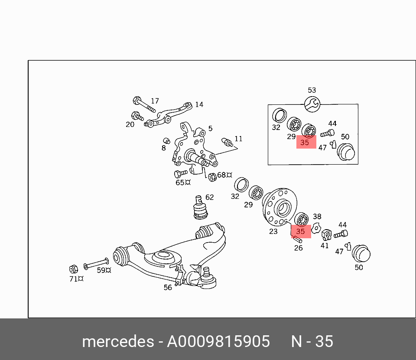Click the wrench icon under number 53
[x=312, y=104]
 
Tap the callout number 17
[x=155, y=101]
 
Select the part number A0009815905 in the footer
[x=218, y=341]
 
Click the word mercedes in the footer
[x=118, y=341]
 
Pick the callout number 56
[x=168, y=288]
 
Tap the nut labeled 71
[x=73, y=269]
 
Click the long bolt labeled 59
[x=96, y=263]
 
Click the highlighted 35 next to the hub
[x=300, y=231]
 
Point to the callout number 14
[x=199, y=104]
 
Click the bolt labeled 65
[x=181, y=173]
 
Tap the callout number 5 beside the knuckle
[x=211, y=128]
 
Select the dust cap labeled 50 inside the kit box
[x=346, y=152]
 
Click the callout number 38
[x=317, y=217]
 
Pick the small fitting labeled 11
[x=227, y=142]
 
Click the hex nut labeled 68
[x=212, y=177]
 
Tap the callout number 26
[x=299, y=248]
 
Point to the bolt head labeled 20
[x=136, y=115]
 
